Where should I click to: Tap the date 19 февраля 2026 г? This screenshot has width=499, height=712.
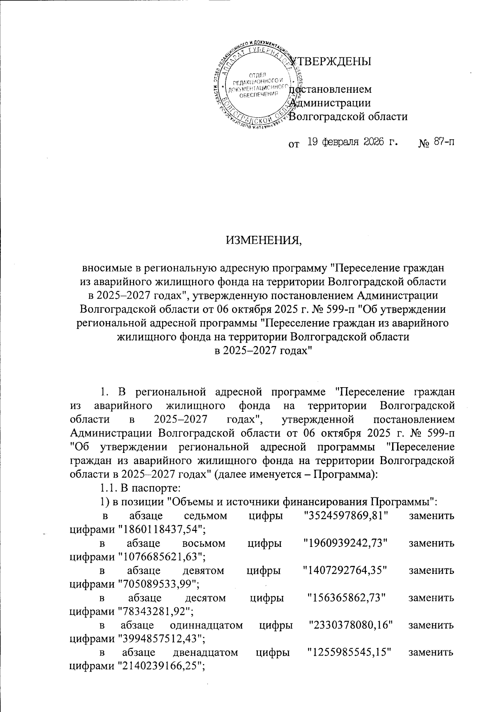pos(352,144)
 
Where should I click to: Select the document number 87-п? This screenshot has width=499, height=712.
pos(443,144)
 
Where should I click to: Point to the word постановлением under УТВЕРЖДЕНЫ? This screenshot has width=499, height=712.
pos(331,89)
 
